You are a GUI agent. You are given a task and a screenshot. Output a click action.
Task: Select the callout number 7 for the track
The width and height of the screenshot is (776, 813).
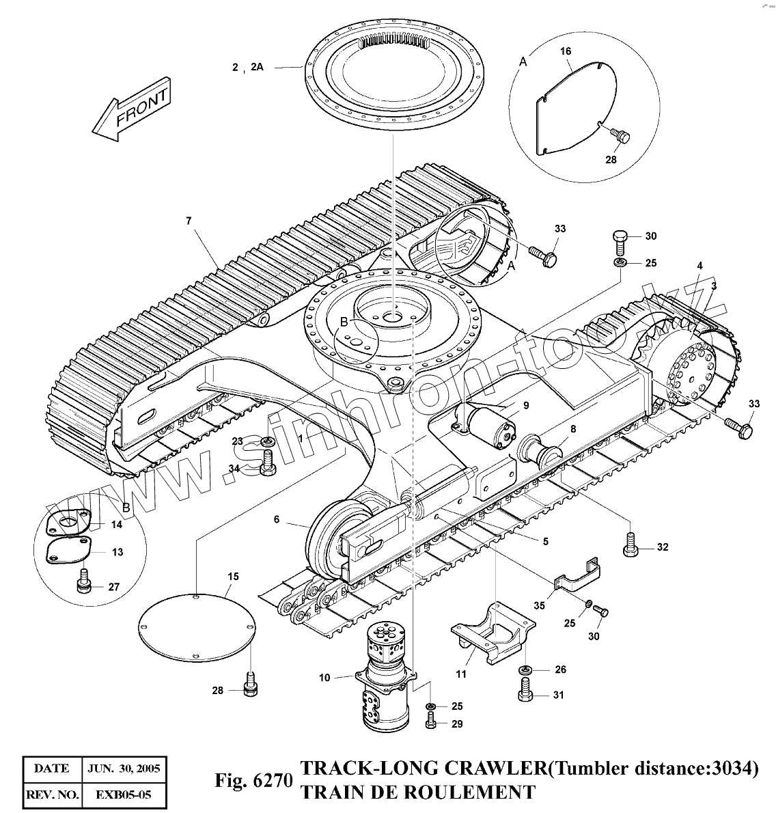click(189, 220)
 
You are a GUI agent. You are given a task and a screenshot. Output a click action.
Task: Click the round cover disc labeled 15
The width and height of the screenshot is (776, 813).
click(197, 625)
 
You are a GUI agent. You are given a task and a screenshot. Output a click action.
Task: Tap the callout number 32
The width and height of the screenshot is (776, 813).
click(662, 547)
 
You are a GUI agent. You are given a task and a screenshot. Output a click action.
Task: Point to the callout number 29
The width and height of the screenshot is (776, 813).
click(457, 723)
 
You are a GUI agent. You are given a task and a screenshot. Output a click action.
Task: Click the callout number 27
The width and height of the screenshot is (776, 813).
click(114, 587)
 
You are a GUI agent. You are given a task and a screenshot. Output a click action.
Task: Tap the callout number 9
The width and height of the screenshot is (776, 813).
click(525, 404)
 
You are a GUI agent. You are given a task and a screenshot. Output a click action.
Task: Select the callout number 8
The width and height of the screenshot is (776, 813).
click(572, 428)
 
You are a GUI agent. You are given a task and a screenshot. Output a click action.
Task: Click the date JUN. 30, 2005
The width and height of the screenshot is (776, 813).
click(124, 769)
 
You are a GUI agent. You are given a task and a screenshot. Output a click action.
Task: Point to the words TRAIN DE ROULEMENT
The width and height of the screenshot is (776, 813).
click(418, 793)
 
